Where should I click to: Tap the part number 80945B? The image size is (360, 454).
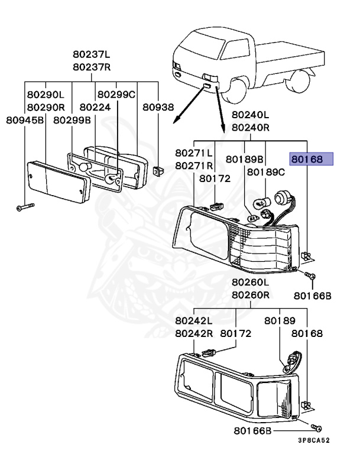[25, 121]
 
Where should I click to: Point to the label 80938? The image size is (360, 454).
[158, 108]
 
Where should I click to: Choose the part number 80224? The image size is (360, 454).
[95, 108]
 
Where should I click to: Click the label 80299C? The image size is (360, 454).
[116, 95]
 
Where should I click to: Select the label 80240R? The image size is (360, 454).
[250, 127]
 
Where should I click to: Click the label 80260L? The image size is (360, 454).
[250, 283]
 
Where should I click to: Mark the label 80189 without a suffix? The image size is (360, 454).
[279, 320]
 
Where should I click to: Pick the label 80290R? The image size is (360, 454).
[45, 108]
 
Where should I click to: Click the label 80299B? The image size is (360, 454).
[72, 121]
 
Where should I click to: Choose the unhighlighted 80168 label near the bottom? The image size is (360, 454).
[310, 333]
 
